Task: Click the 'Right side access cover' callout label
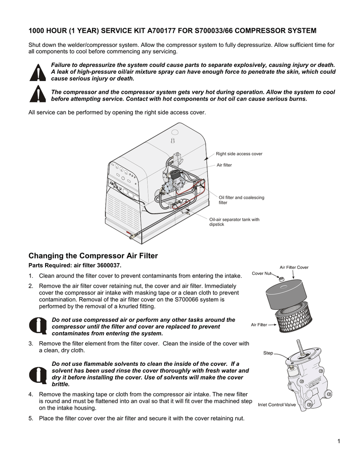click(239, 154)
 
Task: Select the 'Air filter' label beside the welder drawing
click(224, 165)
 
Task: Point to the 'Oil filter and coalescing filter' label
click(241, 200)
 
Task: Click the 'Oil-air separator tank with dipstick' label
click(234, 222)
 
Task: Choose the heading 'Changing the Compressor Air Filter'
click(93, 256)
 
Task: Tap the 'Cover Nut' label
click(261, 274)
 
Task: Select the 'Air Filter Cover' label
click(294, 267)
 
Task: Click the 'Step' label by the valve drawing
click(268, 353)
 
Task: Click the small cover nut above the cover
click(281, 278)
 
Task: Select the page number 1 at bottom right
click(340, 441)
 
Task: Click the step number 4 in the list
click(30, 394)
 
